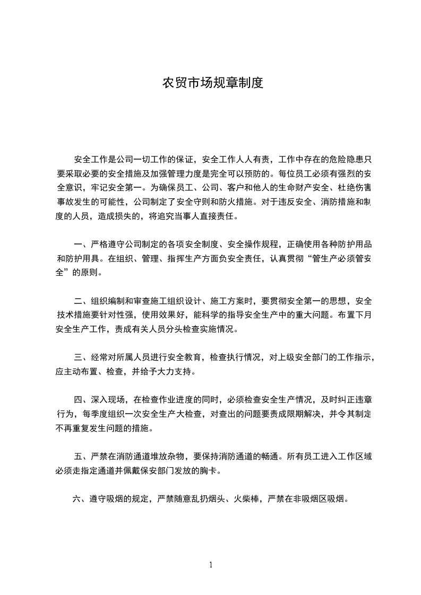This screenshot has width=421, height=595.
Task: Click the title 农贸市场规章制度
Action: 212,83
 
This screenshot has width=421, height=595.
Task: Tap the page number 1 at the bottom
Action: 211,565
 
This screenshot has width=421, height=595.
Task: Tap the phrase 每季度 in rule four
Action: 92,414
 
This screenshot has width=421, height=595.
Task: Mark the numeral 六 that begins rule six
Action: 76,499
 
